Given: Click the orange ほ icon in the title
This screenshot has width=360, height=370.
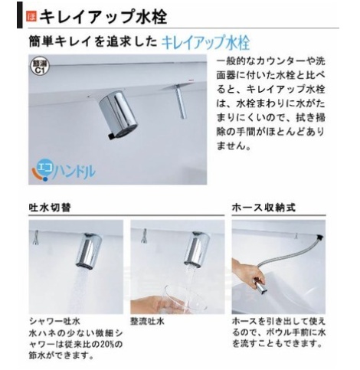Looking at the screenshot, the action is [x=31, y=17].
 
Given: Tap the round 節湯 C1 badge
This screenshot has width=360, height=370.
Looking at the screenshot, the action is [x=40, y=67].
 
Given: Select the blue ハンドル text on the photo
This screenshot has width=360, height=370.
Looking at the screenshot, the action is [x=74, y=171].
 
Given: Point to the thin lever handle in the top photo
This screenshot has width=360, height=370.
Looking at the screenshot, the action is [x=180, y=103].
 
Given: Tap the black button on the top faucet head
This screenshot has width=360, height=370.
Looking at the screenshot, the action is [x=112, y=136].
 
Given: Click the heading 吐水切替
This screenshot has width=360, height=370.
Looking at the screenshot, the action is [x=50, y=208].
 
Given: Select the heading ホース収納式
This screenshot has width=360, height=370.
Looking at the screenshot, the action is [x=263, y=208].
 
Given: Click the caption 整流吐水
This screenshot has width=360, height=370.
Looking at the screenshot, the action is [x=147, y=321].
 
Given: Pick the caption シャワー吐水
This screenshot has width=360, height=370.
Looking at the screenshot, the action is [x=54, y=321].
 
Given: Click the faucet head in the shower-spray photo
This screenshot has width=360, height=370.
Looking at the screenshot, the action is [x=89, y=250].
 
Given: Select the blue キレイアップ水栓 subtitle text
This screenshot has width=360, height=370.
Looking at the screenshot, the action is [x=206, y=42].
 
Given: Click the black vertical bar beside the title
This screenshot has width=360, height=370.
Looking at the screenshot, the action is [x=20, y=15].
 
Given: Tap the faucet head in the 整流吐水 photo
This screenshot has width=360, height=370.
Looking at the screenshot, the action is [x=196, y=249].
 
